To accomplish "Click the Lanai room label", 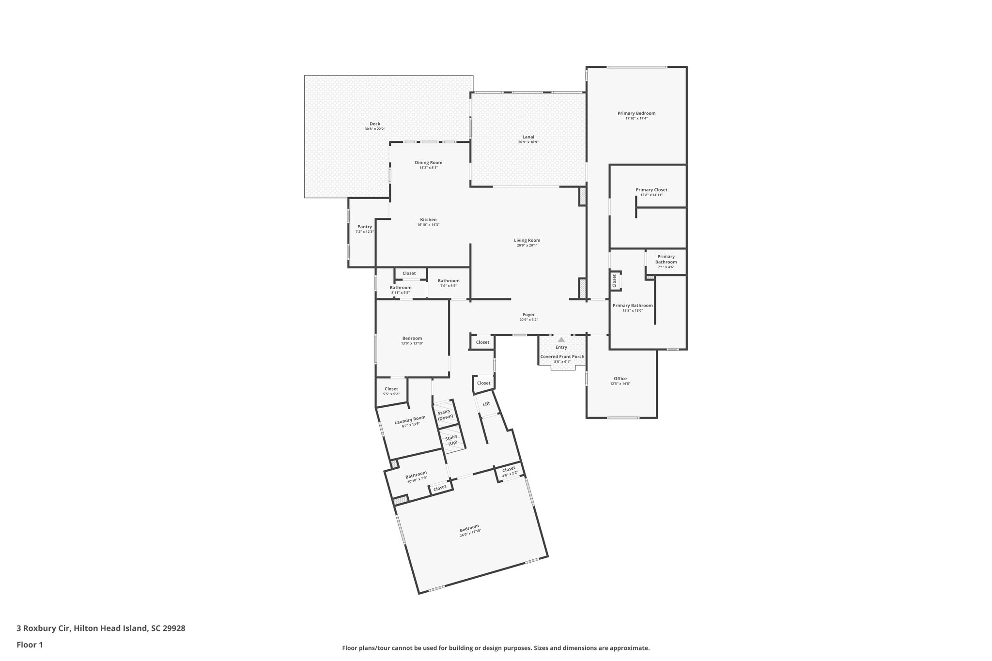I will (x=528, y=137).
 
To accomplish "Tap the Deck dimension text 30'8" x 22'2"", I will (x=374, y=129).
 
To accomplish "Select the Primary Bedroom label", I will (x=636, y=113).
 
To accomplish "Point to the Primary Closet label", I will (x=651, y=190).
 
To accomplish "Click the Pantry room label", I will (x=364, y=227).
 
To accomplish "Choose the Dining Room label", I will (x=428, y=163).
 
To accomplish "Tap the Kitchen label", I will (x=428, y=220).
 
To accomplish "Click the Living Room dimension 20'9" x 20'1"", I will (x=527, y=246).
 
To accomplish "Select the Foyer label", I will (x=528, y=315).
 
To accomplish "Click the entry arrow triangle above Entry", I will (x=561, y=340).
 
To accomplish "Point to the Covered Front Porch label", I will (x=562, y=356).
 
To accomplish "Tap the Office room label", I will (x=620, y=379).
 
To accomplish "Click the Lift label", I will (x=486, y=403).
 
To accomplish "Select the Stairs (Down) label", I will (x=444, y=414).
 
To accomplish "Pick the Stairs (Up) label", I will (x=452, y=440).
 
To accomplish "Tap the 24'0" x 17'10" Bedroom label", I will (x=469, y=527).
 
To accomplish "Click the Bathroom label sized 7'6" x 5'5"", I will (x=449, y=281).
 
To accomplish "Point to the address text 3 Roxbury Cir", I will (x=44, y=628).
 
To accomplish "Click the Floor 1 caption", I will (x=30, y=645).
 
